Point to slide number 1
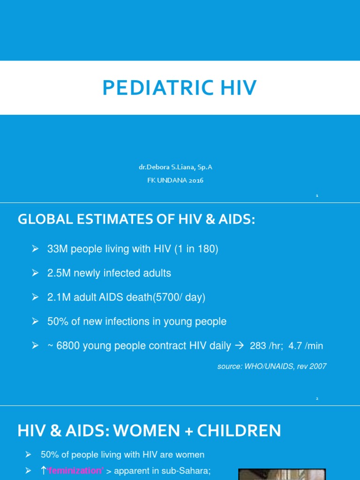317,195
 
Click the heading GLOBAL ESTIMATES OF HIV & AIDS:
136,219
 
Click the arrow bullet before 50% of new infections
35,322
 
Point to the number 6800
68,346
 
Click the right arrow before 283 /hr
239,346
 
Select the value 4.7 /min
306,346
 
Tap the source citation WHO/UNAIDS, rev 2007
272,367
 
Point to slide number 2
317,398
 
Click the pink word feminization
75,471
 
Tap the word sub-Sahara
187,471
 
